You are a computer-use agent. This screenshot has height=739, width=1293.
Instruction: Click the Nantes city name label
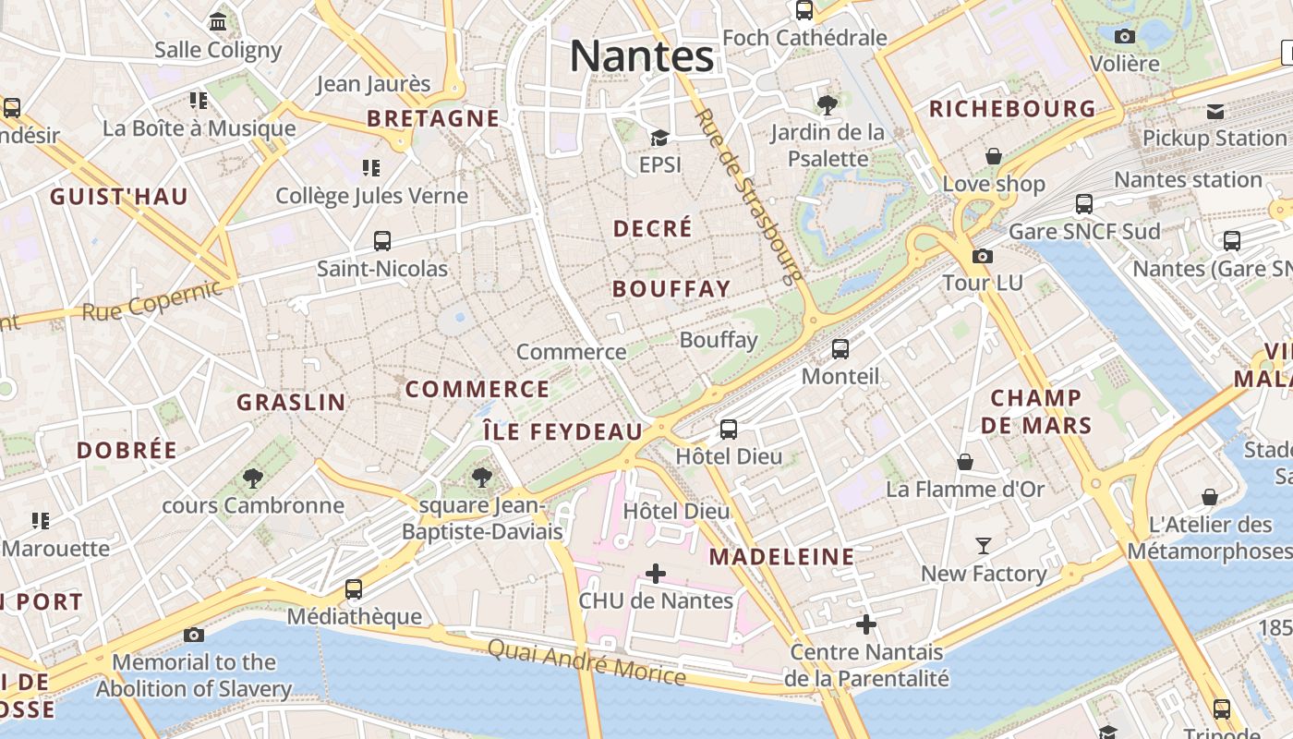(642, 55)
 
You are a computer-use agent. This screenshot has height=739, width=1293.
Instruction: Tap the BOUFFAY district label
(671, 288)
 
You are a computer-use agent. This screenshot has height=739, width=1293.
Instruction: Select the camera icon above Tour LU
(983, 256)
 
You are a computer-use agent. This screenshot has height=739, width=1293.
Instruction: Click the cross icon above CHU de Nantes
(656, 574)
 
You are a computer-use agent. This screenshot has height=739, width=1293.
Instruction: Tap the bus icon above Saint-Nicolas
(382, 241)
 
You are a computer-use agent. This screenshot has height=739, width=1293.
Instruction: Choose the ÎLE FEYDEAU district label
(562, 431)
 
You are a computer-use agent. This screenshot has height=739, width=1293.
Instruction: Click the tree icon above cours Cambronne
(252, 478)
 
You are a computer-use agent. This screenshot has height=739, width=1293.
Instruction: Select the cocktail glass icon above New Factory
(984, 546)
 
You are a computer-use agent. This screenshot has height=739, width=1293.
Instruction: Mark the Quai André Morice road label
(586, 662)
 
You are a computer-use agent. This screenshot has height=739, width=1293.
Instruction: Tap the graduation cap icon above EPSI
(659, 138)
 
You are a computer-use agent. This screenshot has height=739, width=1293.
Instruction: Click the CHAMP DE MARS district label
(1036, 412)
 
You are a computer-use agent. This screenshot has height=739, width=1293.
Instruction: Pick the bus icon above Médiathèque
(353, 588)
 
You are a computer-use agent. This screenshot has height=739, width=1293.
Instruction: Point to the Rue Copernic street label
(152, 300)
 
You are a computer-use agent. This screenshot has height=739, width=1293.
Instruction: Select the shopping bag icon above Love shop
(994, 156)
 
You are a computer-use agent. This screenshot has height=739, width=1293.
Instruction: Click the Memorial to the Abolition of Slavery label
(194, 675)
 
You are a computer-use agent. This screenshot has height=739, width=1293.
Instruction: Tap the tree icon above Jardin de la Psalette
(828, 105)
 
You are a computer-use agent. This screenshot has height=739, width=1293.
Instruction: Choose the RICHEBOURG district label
(1012, 109)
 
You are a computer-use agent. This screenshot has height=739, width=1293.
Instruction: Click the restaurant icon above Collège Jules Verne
(371, 167)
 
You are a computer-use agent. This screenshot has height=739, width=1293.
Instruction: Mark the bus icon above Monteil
(840, 348)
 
